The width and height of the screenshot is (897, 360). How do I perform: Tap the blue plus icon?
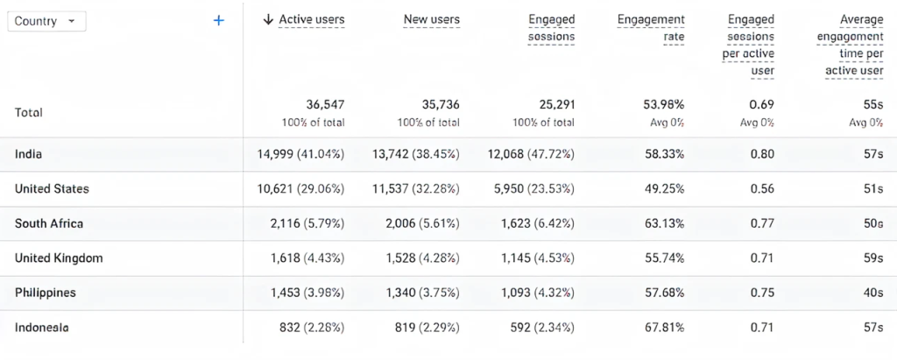pyautogui.click(x=218, y=20)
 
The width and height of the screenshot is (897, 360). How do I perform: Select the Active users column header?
pyautogui.click(x=311, y=19)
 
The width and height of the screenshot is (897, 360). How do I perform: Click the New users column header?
pyautogui.click(x=431, y=19)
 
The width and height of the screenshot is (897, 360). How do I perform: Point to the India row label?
pyautogui.click(x=29, y=154)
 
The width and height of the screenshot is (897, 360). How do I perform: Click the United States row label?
pyautogui.click(x=52, y=188)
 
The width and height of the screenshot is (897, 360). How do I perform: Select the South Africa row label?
pyautogui.click(x=49, y=223)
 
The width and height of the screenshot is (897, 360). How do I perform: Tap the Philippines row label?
pyautogui.click(x=45, y=293)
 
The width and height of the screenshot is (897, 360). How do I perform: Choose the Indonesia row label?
pyautogui.click(x=41, y=327)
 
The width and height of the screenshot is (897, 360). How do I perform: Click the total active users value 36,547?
pyautogui.click(x=325, y=104)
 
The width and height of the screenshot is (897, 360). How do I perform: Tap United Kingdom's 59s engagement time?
pyautogui.click(x=872, y=258)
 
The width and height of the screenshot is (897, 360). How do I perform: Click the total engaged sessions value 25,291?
pyautogui.click(x=555, y=104)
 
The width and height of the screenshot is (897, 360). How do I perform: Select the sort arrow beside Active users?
pyautogui.click(x=269, y=19)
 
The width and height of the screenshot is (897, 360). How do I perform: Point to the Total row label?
pyautogui.click(x=29, y=112)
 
